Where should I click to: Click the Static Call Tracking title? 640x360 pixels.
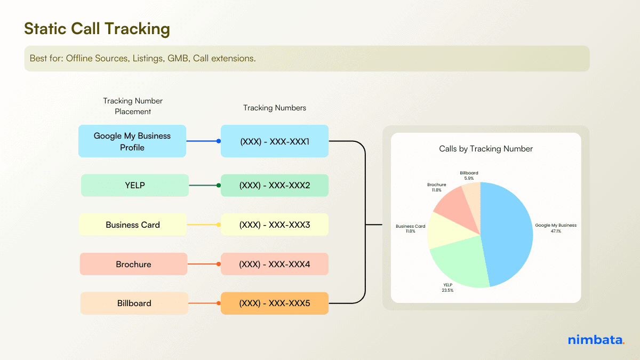97,29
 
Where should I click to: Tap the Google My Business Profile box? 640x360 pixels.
132,141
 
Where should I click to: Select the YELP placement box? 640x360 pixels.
135,186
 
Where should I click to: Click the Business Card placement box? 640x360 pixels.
133,225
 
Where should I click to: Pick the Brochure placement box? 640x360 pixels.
133,264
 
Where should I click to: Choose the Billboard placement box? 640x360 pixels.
134,303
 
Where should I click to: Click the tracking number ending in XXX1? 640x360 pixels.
275,141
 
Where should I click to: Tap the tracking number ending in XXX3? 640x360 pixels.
275,225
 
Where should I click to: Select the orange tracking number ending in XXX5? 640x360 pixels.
275,303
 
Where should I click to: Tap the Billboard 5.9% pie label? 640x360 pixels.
469,175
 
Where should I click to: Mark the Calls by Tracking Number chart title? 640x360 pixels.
485,149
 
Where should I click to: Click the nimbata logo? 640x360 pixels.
595,340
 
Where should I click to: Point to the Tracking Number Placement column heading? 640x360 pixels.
133,106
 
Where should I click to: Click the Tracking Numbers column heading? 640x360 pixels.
275,108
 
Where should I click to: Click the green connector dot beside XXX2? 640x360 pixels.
219,186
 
